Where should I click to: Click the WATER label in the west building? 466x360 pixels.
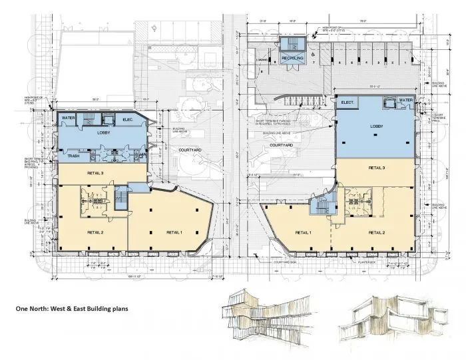[x=67, y=118]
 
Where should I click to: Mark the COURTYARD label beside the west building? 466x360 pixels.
[x=192, y=150]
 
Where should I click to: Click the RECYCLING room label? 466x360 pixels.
[x=292, y=59]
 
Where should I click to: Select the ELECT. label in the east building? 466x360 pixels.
[x=347, y=103]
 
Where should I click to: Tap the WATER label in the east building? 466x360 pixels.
[x=405, y=100]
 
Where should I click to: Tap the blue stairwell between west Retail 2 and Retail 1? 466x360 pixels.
[x=120, y=200]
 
